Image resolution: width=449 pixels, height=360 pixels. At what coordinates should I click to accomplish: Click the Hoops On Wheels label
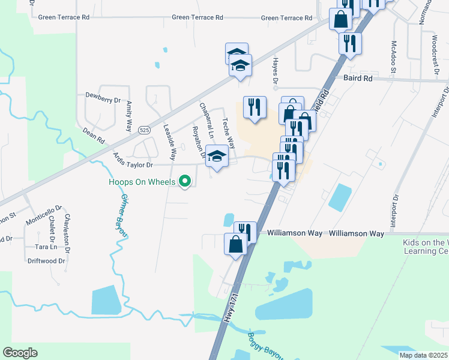click(142, 182)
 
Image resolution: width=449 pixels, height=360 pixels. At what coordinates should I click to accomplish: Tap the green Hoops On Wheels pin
click(185, 181)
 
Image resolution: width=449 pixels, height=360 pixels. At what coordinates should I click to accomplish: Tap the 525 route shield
click(143, 130)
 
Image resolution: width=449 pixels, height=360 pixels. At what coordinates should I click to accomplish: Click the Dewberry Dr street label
click(103, 95)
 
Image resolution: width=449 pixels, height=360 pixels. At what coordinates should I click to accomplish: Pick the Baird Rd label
click(358, 79)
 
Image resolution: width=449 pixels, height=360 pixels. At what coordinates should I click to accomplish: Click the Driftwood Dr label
click(46, 261)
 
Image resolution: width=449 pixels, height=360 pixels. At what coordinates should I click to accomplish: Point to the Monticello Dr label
click(43, 214)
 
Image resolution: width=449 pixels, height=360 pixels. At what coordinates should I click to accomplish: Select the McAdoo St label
click(394, 58)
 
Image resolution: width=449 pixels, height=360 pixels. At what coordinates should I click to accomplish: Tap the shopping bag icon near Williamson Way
click(235, 244)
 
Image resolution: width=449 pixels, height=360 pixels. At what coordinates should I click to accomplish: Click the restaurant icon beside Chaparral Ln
click(255, 107)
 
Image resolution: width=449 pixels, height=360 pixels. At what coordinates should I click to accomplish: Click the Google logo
click(20, 353)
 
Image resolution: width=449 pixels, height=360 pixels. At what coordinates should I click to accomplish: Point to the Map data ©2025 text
click(423, 355)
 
